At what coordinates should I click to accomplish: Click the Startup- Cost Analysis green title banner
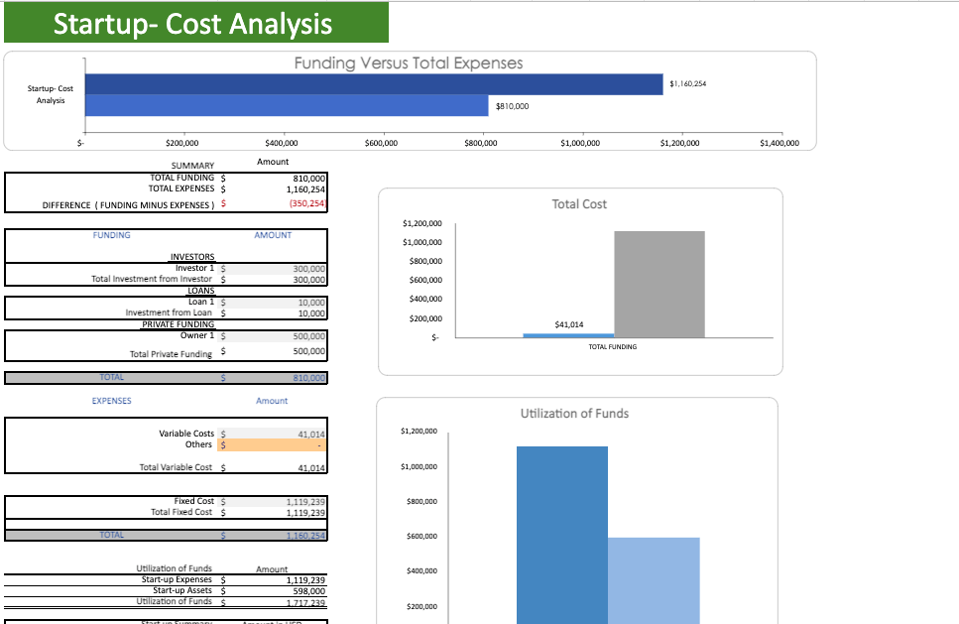pos(195,23)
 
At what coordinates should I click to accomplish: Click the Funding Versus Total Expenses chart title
pos(409,63)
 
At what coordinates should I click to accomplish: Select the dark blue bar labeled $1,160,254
pos(374,83)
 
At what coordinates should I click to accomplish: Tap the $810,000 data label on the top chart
pos(512,106)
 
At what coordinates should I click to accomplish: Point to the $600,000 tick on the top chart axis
pos(382,144)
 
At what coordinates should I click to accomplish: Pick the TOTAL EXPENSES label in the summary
pos(180,187)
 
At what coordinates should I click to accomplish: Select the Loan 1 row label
pos(200,302)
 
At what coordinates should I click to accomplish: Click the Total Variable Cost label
pos(176,467)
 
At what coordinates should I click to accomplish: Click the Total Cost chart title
pos(579,204)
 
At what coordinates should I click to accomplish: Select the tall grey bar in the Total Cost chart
pos(659,285)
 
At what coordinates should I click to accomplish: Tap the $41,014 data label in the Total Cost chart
pos(569,324)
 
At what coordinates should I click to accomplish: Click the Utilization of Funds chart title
pos(574,414)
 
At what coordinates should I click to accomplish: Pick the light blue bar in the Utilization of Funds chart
pos(654,580)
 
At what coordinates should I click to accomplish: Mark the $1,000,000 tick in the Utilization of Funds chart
pos(419,466)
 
